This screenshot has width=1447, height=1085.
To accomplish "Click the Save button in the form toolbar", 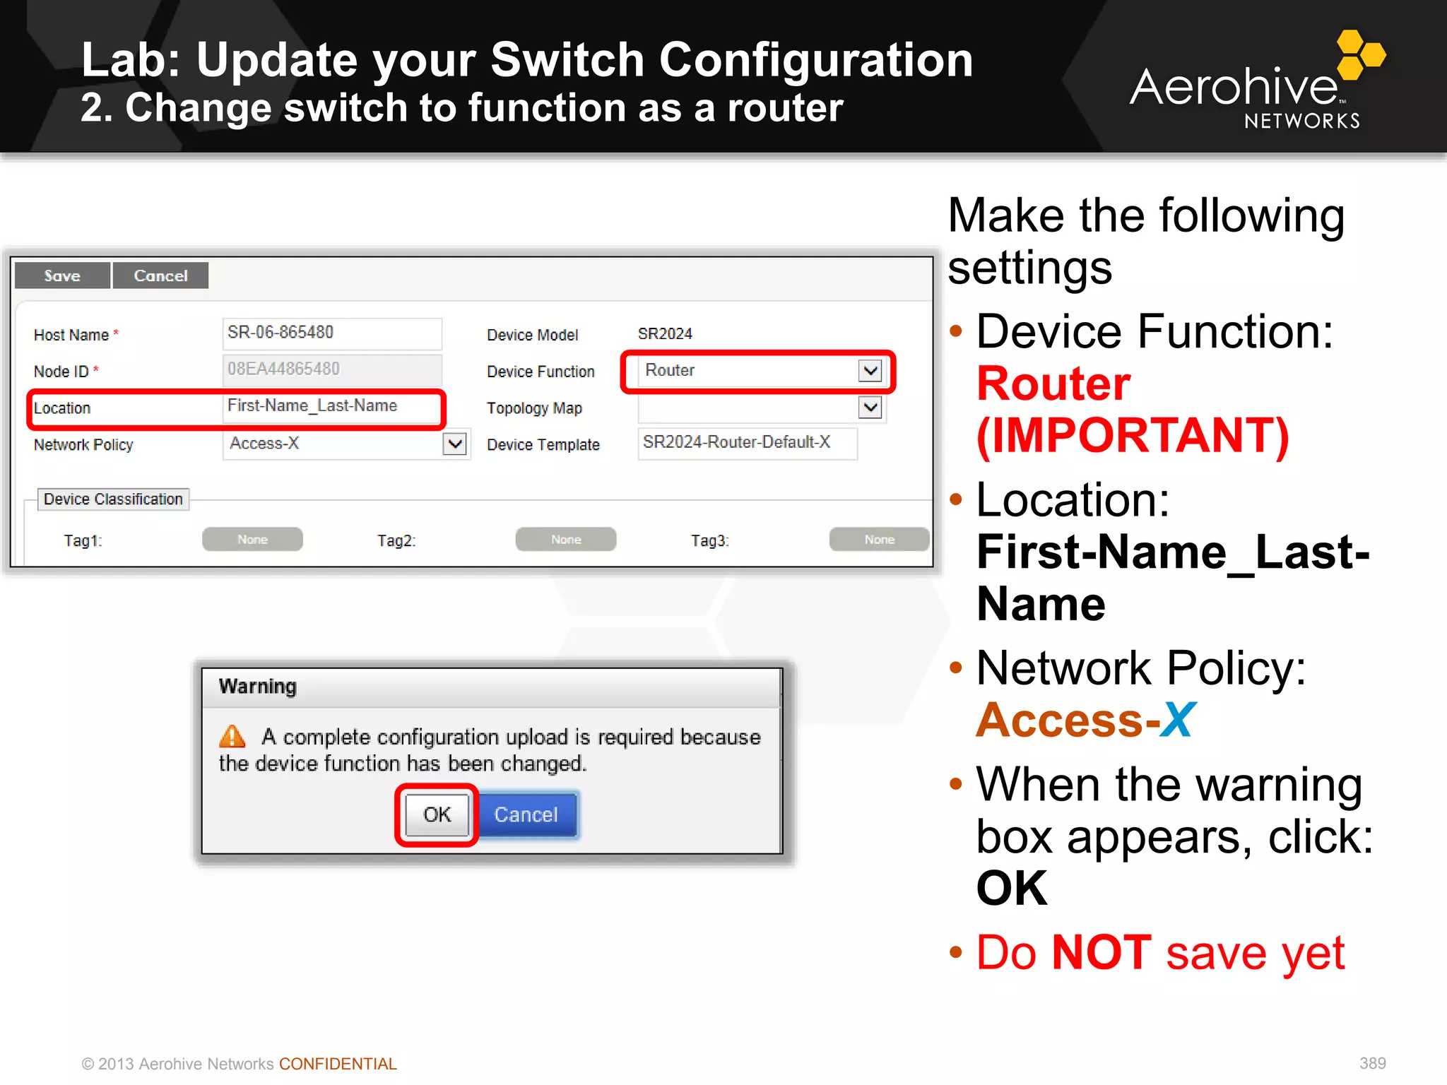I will coord(62,275).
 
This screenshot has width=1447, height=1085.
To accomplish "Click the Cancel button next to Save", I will coord(160,275).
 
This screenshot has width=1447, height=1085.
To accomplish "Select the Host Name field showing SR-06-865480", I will coord(331,333).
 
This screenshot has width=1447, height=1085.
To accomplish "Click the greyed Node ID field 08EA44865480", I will coord(331,369).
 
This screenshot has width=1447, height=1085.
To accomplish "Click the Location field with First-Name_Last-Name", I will coord(331,407).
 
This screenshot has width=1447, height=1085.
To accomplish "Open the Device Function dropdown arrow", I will coord(870,370).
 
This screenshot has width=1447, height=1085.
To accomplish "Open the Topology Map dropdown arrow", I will coord(870,408).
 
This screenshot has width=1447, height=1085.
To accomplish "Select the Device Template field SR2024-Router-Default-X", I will coord(747,443).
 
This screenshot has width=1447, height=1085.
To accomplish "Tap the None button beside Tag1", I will coord(252,540).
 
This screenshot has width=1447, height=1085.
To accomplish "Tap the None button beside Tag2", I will coord(565,540).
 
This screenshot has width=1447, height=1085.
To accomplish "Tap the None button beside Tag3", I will coord(879,540).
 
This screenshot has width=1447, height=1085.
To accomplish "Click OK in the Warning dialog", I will coord(437,814).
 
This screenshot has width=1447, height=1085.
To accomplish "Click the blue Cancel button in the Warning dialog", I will coord(526,814).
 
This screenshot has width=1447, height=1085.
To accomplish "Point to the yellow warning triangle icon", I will coord(232,737).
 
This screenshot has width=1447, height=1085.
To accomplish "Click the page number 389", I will coord(1372,1063).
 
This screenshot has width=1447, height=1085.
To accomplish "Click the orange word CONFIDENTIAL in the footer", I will coord(338,1064).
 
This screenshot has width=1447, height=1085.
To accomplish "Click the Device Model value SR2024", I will coord(665,333).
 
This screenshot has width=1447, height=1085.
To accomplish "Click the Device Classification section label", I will coord(113,499).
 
